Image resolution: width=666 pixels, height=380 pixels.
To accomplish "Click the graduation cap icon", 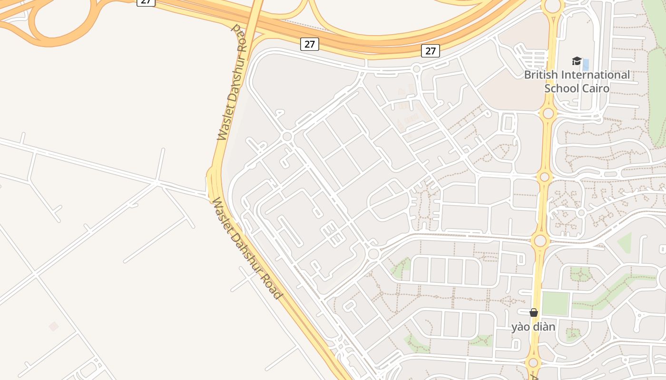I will click(577, 61).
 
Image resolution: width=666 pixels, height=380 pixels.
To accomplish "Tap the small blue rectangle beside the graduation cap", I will click(586, 65).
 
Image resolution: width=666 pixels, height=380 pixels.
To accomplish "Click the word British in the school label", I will click(541, 75).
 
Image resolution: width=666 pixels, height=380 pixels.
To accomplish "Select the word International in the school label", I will click(596, 75).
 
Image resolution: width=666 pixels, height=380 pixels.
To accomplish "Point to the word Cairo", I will click(597, 88).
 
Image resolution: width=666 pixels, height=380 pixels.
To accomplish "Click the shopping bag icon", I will click(534, 313).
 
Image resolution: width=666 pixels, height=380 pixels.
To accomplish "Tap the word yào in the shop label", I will click(521, 327).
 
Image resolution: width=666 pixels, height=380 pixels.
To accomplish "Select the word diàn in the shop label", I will click(544, 327).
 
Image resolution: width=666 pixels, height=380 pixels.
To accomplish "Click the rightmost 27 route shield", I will click(431, 51).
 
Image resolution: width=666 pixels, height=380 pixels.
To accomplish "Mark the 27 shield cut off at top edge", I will click(146, 2).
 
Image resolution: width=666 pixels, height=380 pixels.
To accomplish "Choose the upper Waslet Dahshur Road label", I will click(233, 83).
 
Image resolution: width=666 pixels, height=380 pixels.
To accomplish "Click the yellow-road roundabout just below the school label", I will click(548, 114).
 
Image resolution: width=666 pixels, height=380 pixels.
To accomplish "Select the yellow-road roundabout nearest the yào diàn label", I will click(533, 363).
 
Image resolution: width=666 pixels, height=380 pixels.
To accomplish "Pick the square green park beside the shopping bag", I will click(556, 304).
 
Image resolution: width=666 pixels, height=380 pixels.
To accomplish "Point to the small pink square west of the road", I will click(54, 326).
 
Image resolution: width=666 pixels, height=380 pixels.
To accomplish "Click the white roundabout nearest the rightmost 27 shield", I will click(416, 69).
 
